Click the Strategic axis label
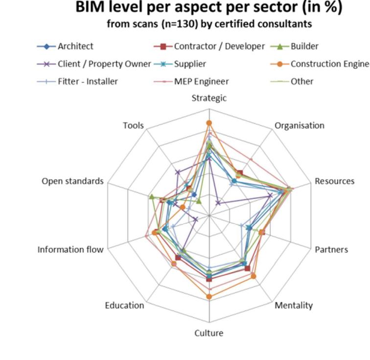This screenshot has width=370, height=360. point(209,98)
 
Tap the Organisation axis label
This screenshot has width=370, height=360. point(299,125)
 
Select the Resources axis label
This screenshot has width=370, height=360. point(334,181)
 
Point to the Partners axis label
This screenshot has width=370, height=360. point(331,249)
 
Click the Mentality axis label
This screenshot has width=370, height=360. point(293,306)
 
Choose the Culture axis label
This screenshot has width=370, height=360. point(209,333)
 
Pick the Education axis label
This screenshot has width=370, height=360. point(124,306)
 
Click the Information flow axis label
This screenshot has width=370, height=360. point(70,249)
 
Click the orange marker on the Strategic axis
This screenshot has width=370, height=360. point(209,123)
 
